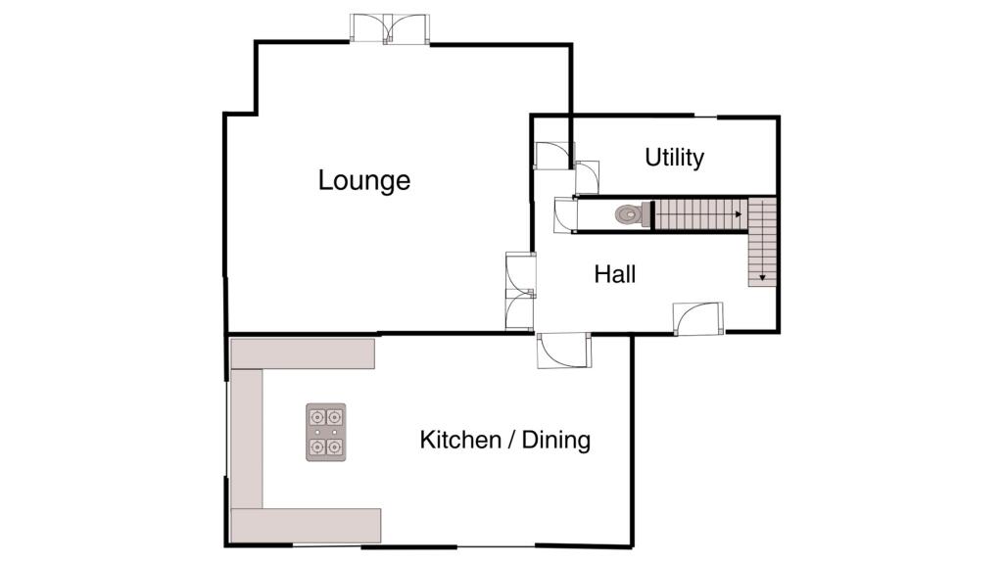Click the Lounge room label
363,181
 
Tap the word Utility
674,158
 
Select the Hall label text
615,275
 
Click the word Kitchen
459,440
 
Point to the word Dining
555,440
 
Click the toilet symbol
628,213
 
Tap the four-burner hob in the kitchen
326,432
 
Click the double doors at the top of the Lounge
390,28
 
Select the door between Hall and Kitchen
564,350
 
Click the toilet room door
564,215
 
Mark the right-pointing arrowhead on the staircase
737,212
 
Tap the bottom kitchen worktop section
305,525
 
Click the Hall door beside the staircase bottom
697,318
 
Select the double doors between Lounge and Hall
520,290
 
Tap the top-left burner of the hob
317,415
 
